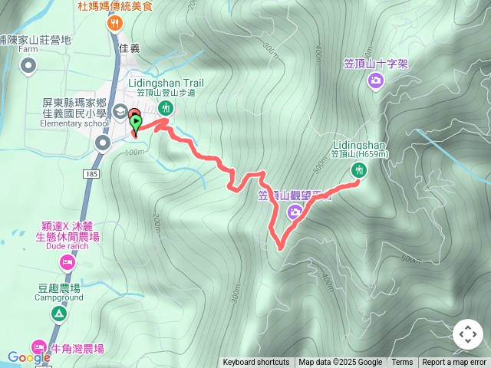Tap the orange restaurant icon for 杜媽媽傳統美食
pyautogui.click(x=114, y=23)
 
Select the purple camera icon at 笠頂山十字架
pyautogui.click(x=376, y=80)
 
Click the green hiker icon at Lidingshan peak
pyautogui.click(x=358, y=171)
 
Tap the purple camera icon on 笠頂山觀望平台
pyautogui.click(x=295, y=212)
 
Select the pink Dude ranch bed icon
pyautogui.click(x=67, y=263)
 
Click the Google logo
pyautogui.click(x=28, y=357)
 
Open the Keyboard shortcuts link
pyautogui.click(x=256, y=363)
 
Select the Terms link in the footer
pyautogui.click(x=402, y=363)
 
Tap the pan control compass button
pyautogui.click(x=468, y=335)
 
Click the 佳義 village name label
pyautogui.click(x=130, y=48)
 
